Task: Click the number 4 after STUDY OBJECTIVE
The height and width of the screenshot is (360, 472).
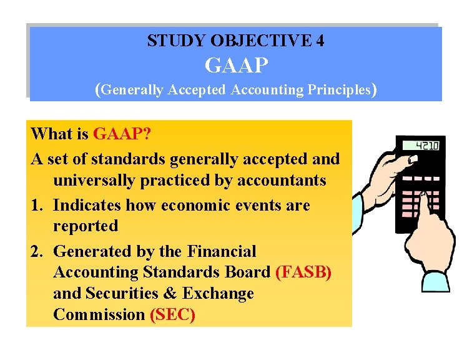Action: tap(320, 41)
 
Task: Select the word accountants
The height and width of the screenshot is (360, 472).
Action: tap(281, 181)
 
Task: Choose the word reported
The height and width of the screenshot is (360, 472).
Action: tap(86, 226)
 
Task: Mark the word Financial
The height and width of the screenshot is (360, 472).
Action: tap(222, 251)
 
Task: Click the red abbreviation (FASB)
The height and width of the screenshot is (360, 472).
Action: tap(303, 272)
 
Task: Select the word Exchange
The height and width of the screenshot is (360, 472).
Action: tap(218, 294)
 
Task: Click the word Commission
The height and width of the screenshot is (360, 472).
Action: tap(99, 314)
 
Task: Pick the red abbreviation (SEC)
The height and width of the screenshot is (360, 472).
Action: tap(173, 314)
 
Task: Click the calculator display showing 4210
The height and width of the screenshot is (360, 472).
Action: tap(420, 146)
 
